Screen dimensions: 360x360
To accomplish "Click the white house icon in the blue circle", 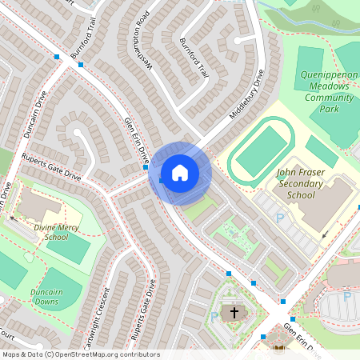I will (x=179, y=173).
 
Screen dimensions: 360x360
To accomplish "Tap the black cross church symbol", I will (x=234, y=313).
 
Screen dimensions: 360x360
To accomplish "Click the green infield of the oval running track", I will (x=261, y=152).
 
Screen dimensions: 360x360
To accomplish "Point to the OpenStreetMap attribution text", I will (x=80, y=354).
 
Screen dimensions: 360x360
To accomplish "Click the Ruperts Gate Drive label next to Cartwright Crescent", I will (x=142, y=309).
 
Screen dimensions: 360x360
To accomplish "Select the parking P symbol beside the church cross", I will (x=213, y=317).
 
